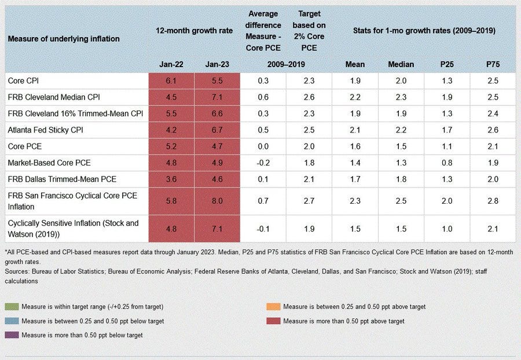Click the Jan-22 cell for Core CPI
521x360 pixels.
(x=171, y=82)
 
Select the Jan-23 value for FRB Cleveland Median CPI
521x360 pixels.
(x=218, y=97)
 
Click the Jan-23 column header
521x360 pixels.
(x=218, y=65)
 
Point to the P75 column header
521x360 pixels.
(x=493, y=65)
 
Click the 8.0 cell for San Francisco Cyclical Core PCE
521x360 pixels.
(x=218, y=201)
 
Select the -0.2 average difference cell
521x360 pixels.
(x=263, y=163)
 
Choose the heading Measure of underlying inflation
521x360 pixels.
(x=64, y=39)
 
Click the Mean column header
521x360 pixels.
(x=355, y=65)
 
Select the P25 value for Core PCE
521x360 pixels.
(x=446, y=146)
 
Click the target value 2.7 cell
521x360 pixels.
(x=309, y=201)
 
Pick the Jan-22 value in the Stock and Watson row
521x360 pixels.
(x=171, y=228)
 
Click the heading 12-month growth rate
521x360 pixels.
(x=194, y=31)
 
